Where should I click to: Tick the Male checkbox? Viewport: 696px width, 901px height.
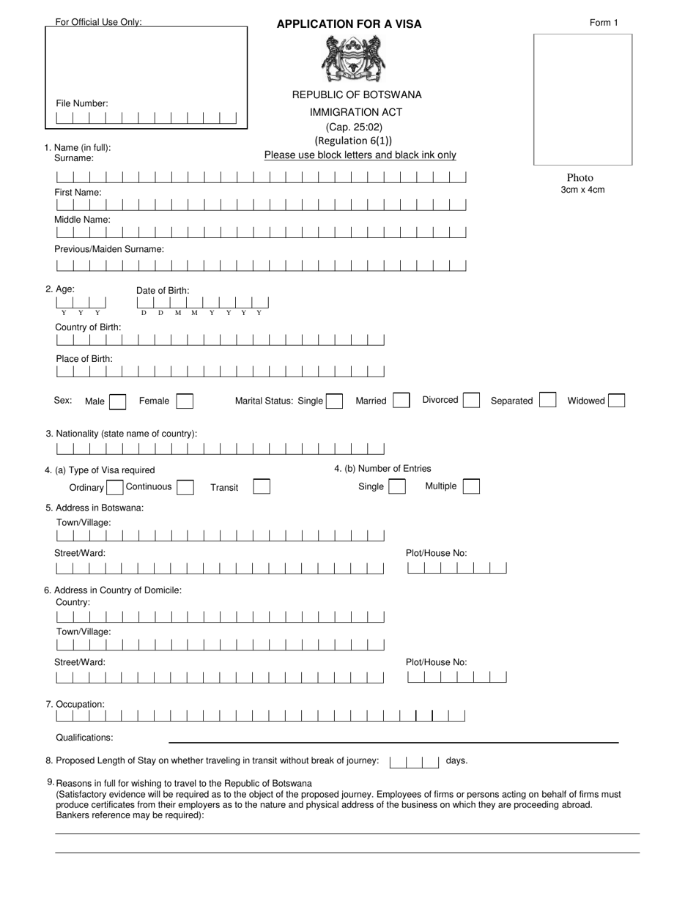117,401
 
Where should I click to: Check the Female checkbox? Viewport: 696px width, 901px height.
185,401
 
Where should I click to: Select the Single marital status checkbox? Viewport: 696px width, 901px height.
334,401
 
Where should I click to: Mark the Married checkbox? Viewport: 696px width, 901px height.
401,401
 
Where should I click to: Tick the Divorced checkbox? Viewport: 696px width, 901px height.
472,401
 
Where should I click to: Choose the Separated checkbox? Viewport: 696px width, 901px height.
547,400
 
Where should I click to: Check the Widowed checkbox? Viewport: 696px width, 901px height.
616,401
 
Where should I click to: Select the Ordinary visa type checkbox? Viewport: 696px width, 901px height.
115,488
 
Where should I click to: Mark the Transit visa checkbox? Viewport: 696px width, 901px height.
262,487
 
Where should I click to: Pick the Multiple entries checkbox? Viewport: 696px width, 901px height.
471,486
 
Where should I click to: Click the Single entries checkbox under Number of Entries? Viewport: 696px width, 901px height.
396,487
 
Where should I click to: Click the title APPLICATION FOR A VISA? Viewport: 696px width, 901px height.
349,24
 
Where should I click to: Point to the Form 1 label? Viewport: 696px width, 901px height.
604,23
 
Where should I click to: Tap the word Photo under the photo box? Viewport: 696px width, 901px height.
580,178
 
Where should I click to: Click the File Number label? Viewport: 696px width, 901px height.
82,103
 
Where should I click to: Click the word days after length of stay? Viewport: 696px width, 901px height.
456,761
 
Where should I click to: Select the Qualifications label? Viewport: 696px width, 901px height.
85,738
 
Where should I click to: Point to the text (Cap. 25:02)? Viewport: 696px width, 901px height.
355,127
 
